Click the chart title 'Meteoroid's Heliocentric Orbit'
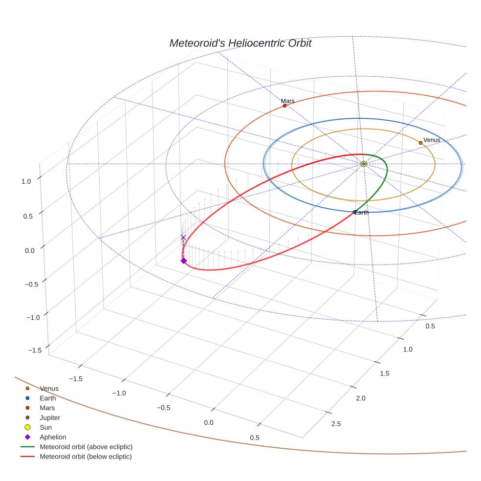point(240,43)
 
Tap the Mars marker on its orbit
point(284,106)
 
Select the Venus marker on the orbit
point(420,143)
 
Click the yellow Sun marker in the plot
point(364,164)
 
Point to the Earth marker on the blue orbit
point(355,212)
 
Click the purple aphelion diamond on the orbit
point(183,261)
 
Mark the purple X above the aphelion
point(183,238)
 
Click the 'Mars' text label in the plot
point(287,101)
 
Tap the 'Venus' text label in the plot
point(432,140)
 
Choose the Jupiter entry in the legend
point(49,417)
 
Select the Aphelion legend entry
point(52,437)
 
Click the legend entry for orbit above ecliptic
point(86,447)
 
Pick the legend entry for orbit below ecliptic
point(86,457)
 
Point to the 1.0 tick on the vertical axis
point(26,181)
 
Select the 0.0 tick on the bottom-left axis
point(209,422)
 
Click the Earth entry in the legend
point(47,398)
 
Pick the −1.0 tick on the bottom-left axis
point(119,393)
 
